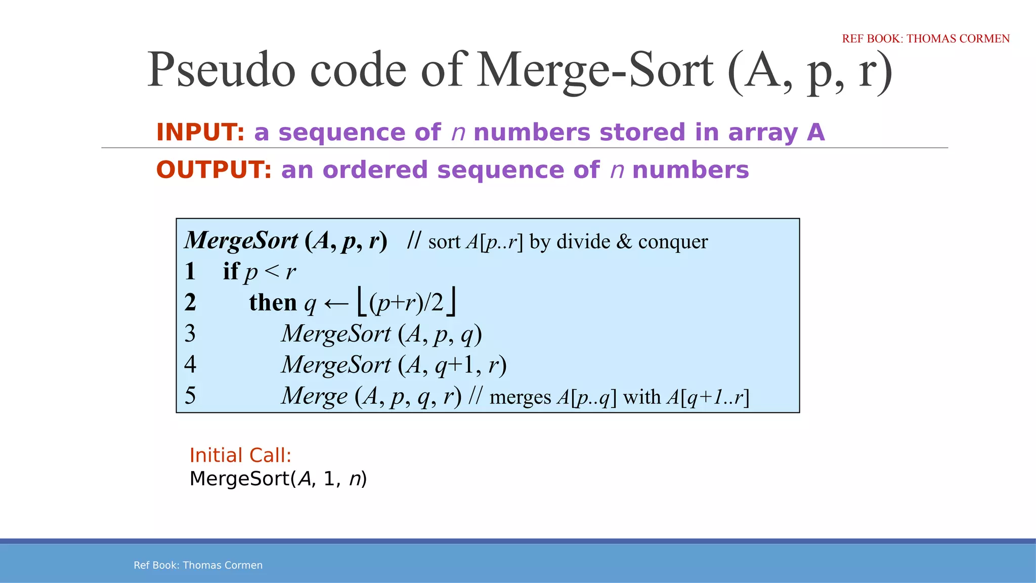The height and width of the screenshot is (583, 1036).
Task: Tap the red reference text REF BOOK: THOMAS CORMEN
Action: pyautogui.click(x=925, y=38)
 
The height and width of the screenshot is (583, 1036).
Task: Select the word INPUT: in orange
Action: pyautogui.click(x=200, y=132)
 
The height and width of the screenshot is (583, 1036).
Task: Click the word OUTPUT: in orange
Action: pyautogui.click(x=213, y=170)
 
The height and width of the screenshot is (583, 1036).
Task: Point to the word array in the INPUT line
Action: pyautogui.click(x=762, y=133)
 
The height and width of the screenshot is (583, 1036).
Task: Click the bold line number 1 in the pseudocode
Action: pyautogui.click(x=190, y=271)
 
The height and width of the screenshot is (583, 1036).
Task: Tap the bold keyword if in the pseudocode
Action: pyautogui.click(x=231, y=271)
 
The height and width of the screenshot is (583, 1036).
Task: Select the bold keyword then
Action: pyautogui.click(x=273, y=303)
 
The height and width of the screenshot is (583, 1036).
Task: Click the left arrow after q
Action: pyautogui.click(x=336, y=304)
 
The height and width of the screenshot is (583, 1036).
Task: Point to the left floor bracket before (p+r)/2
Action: pyautogui.click(x=361, y=302)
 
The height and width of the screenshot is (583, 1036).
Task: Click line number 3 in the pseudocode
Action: pyautogui.click(x=190, y=334)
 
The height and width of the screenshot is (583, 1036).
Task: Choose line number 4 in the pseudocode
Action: pyautogui.click(x=190, y=364)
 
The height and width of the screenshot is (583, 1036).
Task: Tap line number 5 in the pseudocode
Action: pyautogui.click(x=190, y=395)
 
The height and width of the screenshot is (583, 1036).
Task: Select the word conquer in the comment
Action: pyautogui.click(x=673, y=242)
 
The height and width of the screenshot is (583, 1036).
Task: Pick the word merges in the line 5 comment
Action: pyautogui.click(x=520, y=397)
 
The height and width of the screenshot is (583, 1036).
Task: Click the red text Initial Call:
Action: pyautogui.click(x=240, y=455)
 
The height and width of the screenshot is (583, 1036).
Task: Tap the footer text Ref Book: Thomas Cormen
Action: pyautogui.click(x=198, y=565)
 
